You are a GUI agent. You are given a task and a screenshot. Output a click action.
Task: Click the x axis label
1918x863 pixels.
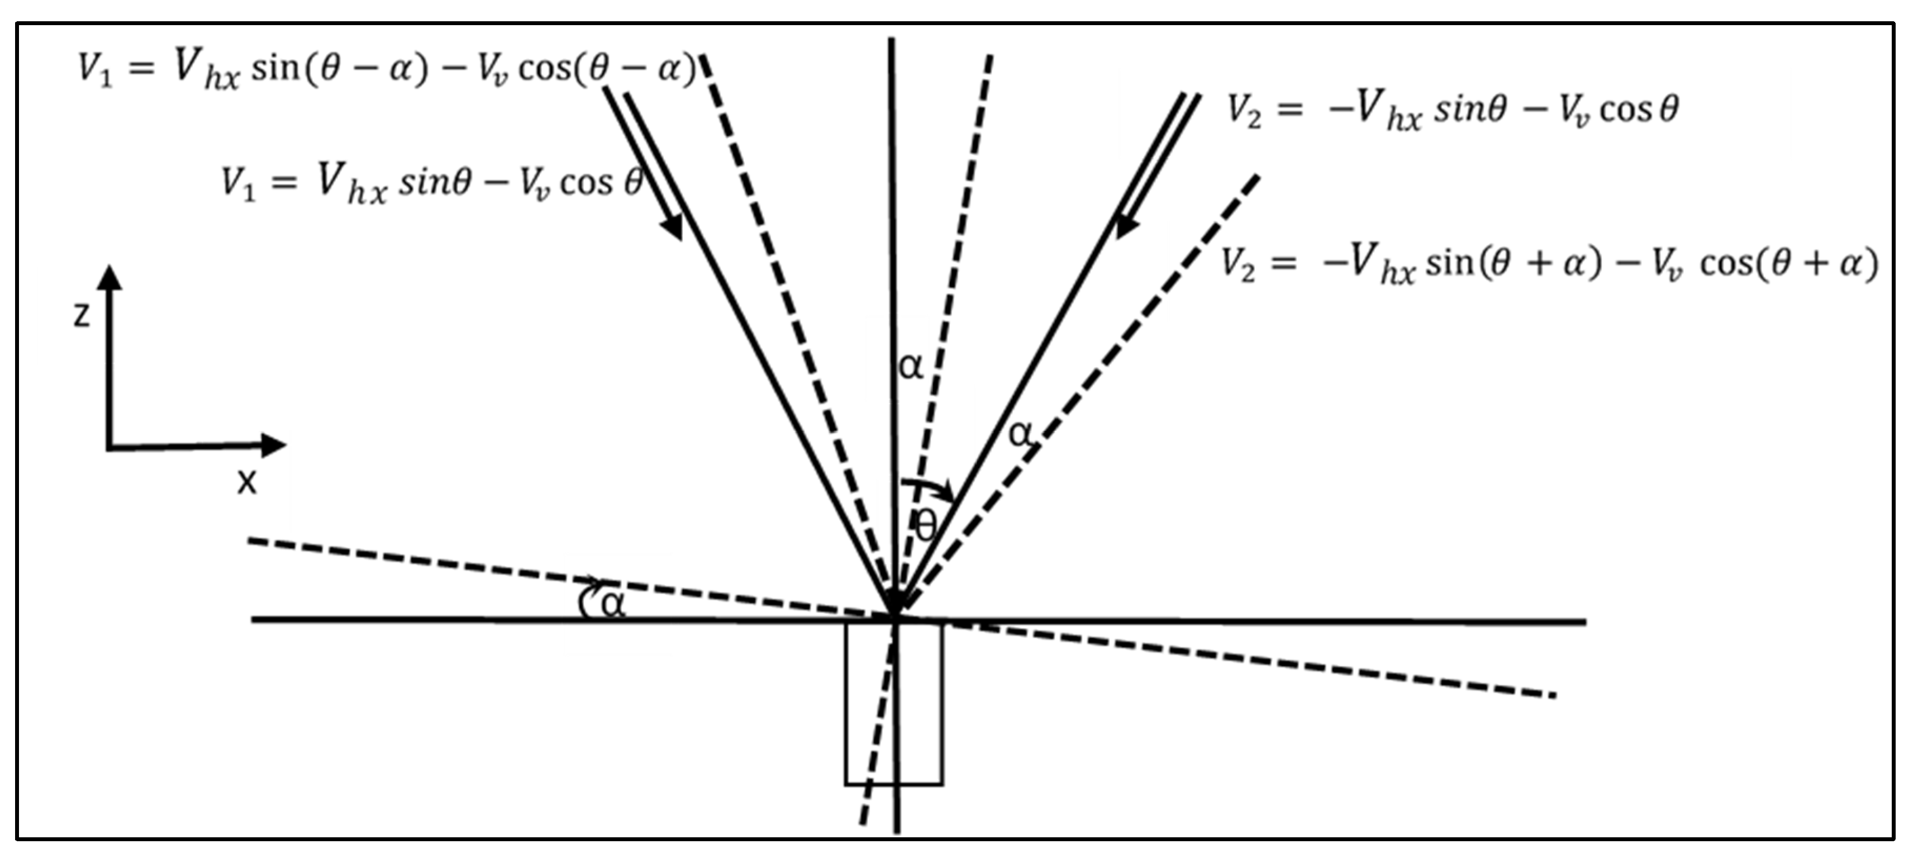246,482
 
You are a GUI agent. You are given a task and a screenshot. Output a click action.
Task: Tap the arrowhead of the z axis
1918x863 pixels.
110,277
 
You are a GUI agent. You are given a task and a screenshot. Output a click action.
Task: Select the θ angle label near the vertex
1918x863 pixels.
926,527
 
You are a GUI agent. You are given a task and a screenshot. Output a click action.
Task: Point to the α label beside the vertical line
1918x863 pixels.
911,366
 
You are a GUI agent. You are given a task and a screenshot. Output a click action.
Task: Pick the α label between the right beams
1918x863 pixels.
1021,433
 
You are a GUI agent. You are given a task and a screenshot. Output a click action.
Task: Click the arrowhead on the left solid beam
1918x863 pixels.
672,226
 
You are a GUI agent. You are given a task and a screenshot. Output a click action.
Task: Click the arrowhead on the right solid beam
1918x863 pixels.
1126,226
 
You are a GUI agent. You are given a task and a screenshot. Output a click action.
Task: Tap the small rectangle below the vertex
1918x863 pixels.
893,703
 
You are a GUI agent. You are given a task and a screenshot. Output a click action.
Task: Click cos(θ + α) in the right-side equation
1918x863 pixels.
1788,264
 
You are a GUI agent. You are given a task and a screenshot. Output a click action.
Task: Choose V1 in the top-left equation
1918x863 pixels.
96,69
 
